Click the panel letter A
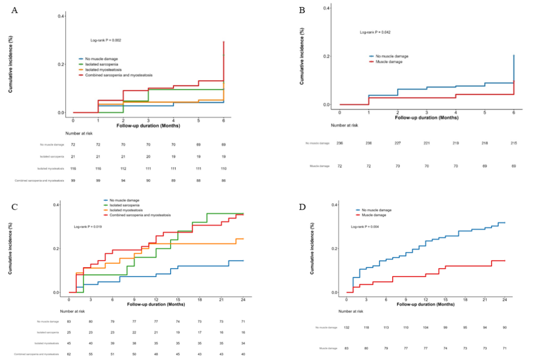(x=15, y=10)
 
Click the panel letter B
(x=302, y=10)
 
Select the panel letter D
(x=302, y=207)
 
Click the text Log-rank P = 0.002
(x=105, y=40)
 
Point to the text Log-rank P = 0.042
(x=375, y=32)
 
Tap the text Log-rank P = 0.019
(x=88, y=227)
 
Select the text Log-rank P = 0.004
(x=365, y=227)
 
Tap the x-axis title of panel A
(x=148, y=125)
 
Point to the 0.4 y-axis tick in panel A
(x=61, y=16)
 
